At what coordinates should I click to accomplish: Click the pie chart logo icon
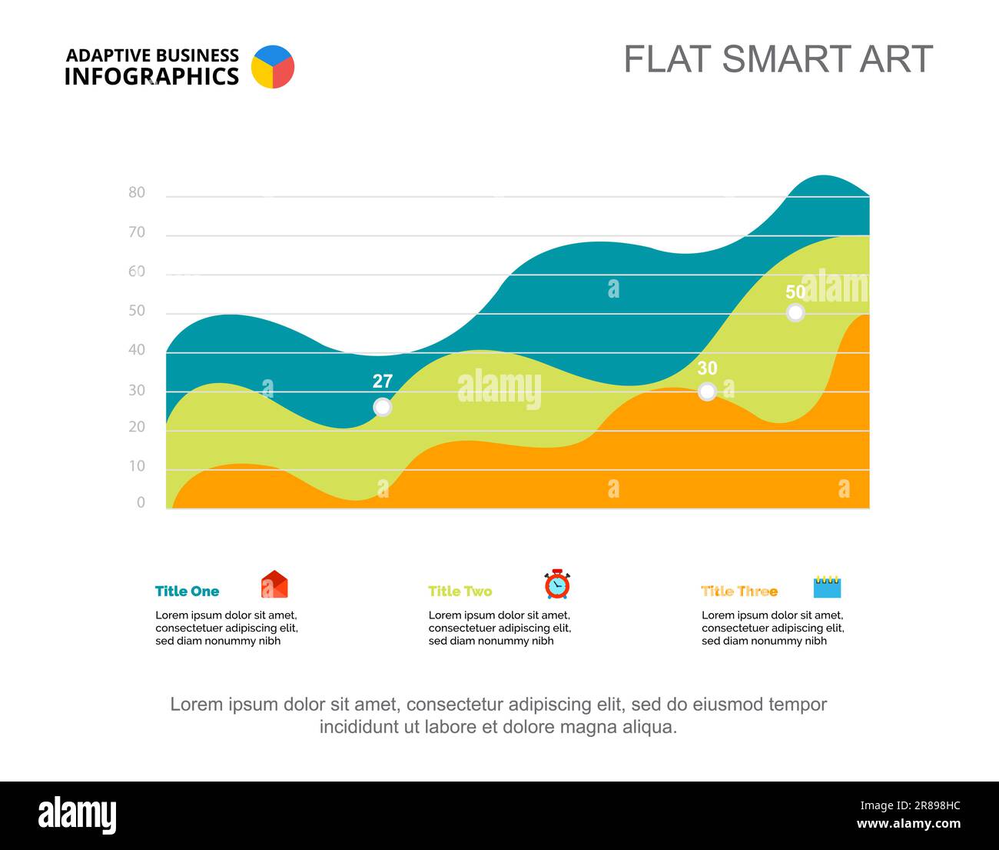[273, 67]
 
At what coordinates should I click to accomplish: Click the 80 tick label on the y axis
[137, 192]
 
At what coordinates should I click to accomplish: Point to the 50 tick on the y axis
[137, 311]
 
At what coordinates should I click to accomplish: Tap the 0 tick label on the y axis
[141, 502]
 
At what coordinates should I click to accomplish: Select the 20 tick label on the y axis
[137, 427]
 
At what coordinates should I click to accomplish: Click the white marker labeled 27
[382, 408]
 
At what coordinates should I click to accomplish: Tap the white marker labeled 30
[707, 392]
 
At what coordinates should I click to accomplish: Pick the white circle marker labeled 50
[795, 312]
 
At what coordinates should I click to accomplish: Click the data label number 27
[382, 382]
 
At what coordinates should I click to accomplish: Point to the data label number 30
[707, 368]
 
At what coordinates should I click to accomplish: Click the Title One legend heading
[187, 592]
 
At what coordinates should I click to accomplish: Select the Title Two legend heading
[460, 592]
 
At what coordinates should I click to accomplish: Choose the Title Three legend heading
[739, 592]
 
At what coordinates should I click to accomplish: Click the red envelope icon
[274, 585]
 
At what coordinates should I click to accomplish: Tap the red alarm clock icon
[557, 584]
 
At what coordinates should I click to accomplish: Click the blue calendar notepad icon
[827, 587]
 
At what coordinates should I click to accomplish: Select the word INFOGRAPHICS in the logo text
[151, 76]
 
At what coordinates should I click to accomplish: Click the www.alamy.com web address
[908, 823]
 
